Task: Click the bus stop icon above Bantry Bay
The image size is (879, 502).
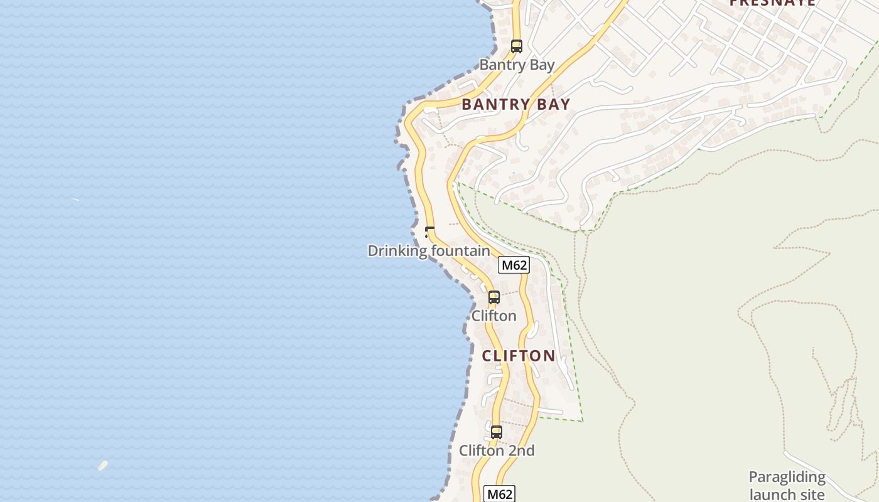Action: coord(516,46)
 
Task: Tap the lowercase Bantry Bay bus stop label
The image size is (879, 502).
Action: coord(517,65)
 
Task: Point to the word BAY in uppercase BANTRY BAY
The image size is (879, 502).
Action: coord(553,105)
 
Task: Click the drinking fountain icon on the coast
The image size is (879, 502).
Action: coord(429,232)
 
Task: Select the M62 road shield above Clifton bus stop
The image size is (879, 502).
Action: coord(514,265)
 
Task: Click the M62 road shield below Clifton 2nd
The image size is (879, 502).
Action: coord(500,494)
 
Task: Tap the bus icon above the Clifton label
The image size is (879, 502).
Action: coord(494,297)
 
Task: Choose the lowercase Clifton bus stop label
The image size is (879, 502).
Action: coord(494,316)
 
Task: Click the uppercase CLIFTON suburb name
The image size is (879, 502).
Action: coord(519,356)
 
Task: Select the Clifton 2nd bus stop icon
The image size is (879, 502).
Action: coord(496,432)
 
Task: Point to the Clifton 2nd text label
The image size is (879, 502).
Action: coord(497,451)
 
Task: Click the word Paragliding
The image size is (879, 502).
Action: coord(787,477)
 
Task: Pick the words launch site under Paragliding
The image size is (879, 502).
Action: coord(787,494)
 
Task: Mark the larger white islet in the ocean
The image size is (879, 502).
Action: coord(103,465)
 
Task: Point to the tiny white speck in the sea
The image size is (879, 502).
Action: coord(75,200)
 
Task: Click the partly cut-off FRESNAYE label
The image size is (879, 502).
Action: coord(772,3)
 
